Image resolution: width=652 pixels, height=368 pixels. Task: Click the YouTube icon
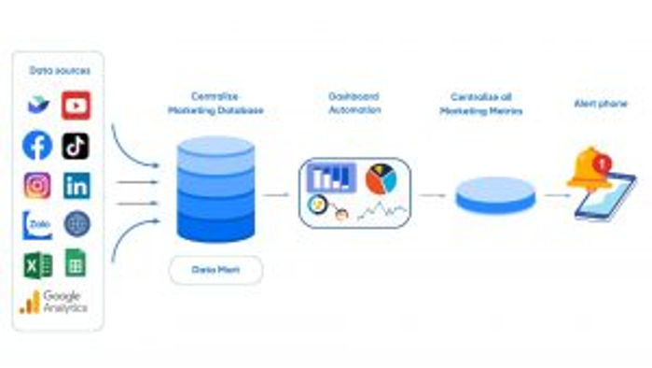(76, 105)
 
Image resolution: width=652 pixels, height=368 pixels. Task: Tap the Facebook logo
(37, 145)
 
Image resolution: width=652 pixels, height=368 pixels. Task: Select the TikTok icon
(76, 146)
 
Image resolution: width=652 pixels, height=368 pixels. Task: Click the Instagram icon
(37, 185)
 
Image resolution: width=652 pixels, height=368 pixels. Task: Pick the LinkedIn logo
(76, 185)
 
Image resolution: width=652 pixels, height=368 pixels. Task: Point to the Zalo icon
(37, 225)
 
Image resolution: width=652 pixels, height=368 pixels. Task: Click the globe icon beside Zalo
(76, 224)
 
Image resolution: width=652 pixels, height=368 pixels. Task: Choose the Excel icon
(37, 264)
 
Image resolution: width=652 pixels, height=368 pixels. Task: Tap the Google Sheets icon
(76, 263)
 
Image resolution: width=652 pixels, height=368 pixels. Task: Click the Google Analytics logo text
(63, 301)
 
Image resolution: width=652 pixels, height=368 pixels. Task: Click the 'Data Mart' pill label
(215, 269)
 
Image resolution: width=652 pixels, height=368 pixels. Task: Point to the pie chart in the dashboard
(380, 177)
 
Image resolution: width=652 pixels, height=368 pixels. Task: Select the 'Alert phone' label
(599, 103)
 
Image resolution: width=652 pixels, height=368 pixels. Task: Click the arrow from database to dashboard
(276, 194)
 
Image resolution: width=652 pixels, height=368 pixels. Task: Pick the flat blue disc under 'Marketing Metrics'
(494, 194)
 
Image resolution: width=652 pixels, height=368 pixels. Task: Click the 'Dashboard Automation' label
(354, 103)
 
